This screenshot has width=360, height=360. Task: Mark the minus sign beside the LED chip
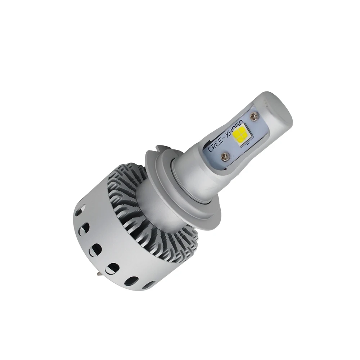pos(248,143)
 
